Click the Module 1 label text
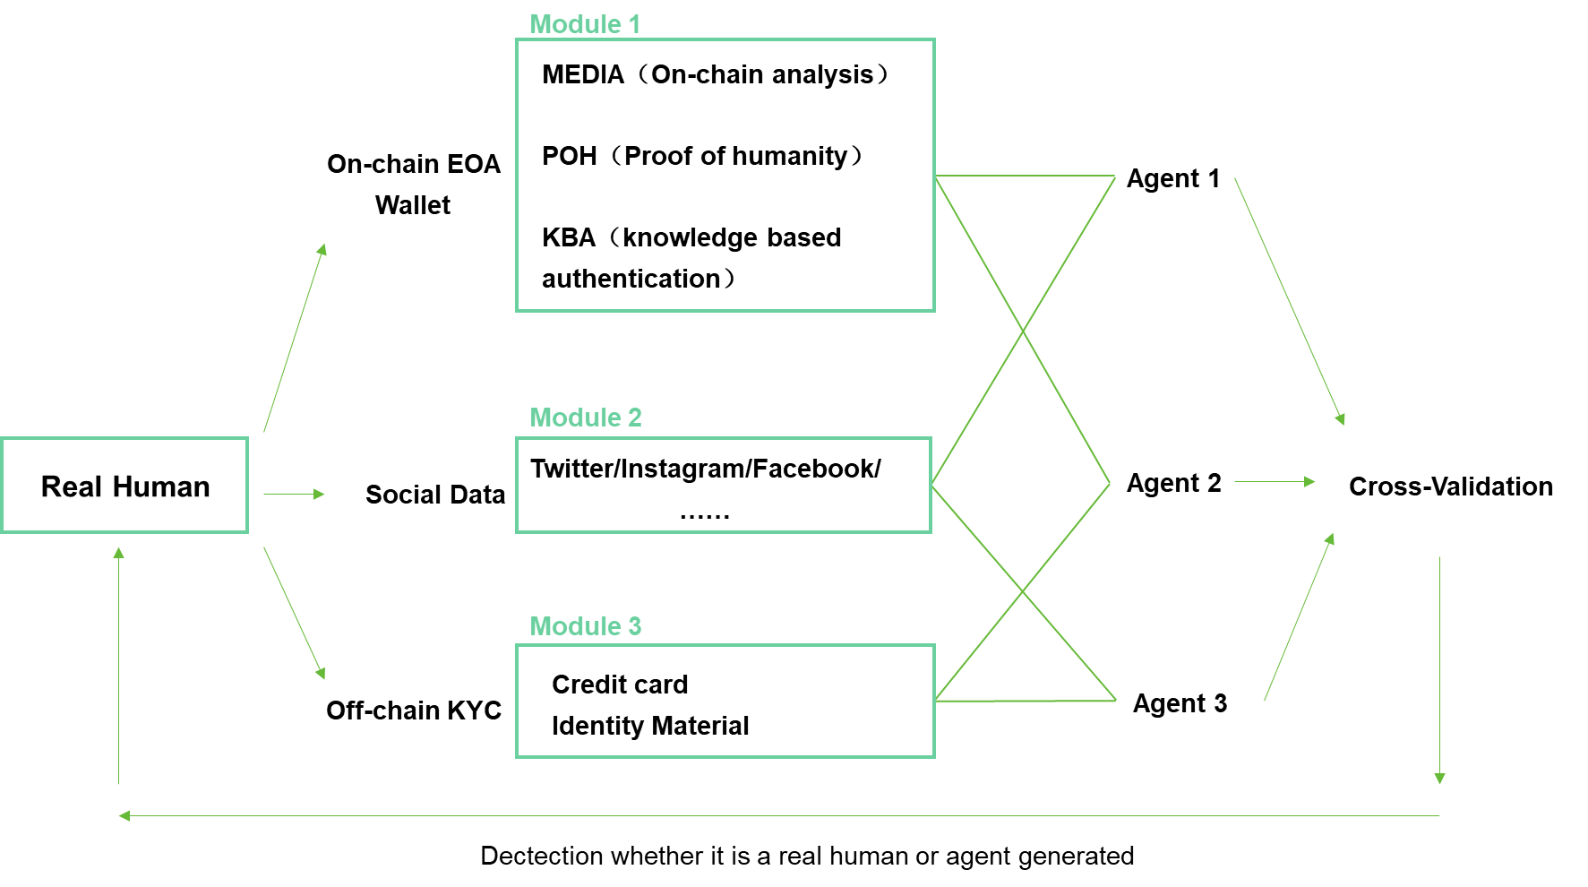click(x=584, y=24)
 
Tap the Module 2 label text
click(x=585, y=418)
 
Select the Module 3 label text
click(x=585, y=626)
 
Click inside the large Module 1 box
click(x=725, y=176)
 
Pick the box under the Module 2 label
click(x=724, y=486)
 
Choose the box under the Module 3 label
click(x=725, y=701)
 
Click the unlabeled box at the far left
click(x=124, y=486)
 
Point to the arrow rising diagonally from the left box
click(x=295, y=338)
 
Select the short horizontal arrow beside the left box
click(x=294, y=494)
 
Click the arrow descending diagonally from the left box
click(x=294, y=613)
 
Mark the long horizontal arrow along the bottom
click(x=779, y=815)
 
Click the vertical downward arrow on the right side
click(x=1439, y=670)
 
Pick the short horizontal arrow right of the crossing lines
click(x=1275, y=482)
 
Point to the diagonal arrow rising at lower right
click(x=1299, y=617)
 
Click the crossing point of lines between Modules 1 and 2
click(x=1023, y=332)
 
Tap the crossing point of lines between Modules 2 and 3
click(x=1023, y=591)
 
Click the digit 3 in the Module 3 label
click(x=634, y=626)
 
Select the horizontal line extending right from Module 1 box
click(x=1025, y=176)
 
